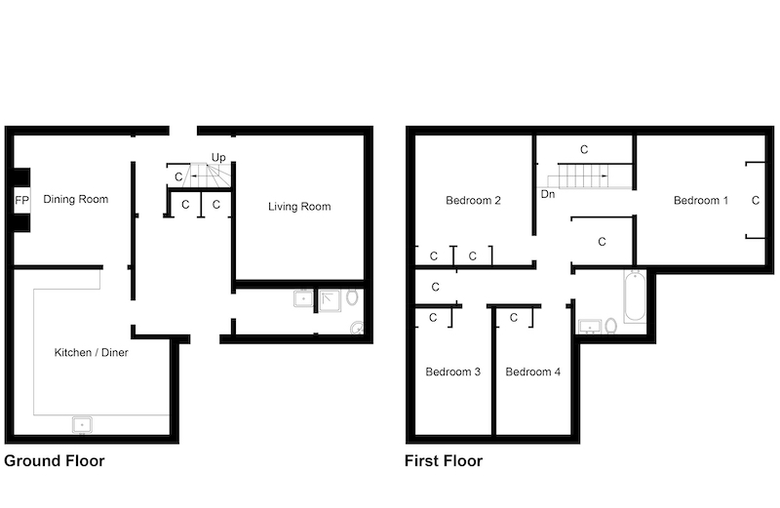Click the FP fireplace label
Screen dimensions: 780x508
pos(21,201)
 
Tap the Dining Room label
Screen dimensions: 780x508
pos(76,200)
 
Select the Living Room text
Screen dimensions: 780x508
pos(299,207)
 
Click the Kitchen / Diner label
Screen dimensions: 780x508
pos(91,353)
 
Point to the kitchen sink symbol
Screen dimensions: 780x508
pos(82,425)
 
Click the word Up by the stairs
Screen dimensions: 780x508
pos(218,158)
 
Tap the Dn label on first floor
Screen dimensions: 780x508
pos(548,194)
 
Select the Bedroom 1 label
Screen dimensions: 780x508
pos(701,201)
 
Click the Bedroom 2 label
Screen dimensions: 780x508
pos(473,201)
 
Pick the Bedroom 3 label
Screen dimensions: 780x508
pos(453,371)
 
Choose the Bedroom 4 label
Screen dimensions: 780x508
pos(532,371)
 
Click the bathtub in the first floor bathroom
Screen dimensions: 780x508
pos(635,296)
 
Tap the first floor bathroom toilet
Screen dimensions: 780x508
pos(611,327)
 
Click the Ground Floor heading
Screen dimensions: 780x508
pos(55,461)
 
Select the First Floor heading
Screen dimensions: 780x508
pos(444,461)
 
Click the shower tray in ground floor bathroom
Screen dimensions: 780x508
pos(330,300)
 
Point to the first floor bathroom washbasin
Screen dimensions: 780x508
pos(590,327)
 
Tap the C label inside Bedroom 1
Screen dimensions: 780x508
pos(756,201)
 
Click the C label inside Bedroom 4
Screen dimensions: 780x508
pos(514,318)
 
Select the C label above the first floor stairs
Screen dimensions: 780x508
pos(584,149)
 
